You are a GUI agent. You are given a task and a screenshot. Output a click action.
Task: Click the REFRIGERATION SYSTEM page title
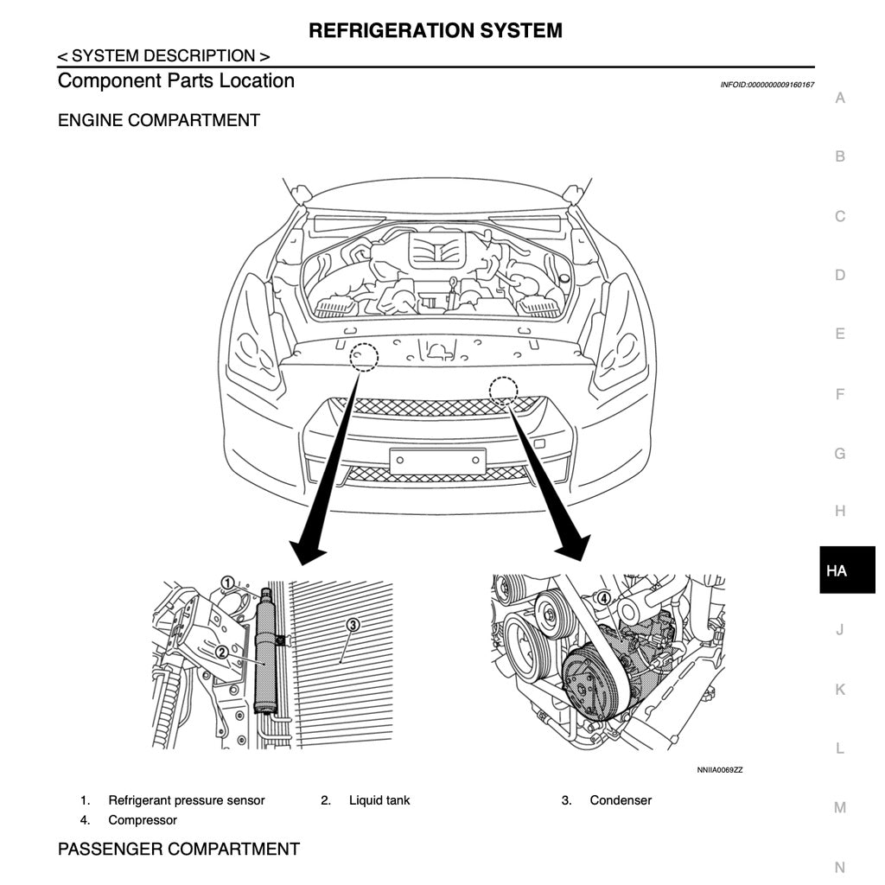(436, 31)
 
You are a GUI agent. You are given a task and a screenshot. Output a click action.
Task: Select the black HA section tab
(837, 570)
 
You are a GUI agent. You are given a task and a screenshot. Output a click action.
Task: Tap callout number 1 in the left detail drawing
(227, 583)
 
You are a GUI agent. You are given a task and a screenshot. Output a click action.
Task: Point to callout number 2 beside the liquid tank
(222, 653)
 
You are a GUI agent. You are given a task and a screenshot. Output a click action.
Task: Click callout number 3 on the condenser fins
(353, 624)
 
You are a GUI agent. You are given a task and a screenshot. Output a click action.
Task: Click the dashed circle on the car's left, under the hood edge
(364, 357)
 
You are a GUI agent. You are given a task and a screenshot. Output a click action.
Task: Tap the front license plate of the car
(436, 461)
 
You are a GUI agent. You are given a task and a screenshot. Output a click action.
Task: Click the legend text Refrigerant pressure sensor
(187, 800)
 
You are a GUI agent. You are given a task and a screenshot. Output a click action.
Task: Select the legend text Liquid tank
(379, 800)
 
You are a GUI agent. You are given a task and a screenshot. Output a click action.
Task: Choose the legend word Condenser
(621, 800)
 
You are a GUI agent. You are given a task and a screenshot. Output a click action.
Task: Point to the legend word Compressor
(143, 820)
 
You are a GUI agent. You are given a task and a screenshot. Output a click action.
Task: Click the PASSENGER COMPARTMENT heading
(179, 850)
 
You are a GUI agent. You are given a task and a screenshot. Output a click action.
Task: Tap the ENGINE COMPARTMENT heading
(159, 120)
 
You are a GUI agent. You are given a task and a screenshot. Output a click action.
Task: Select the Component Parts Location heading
(176, 81)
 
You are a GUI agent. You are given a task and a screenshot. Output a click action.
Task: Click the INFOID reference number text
(767, 85)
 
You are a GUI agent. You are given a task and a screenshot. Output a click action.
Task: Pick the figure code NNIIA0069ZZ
(719, 769)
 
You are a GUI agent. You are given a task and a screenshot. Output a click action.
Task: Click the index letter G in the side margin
(839, 453)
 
